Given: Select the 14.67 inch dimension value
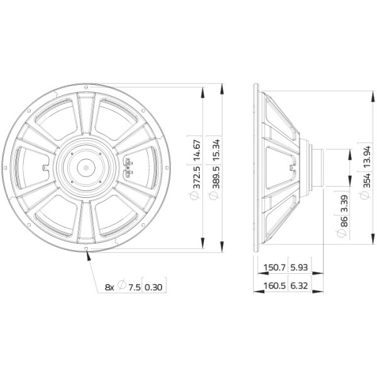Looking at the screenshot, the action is (x=196, y=151).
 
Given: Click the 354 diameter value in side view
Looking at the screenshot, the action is (x=367, y=180).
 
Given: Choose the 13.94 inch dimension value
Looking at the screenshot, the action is (x=367, y=156).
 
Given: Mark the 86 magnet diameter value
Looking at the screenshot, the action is (x=344, y=221).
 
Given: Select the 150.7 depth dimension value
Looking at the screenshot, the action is (x=275, y=268).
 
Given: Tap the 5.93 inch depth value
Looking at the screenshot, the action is (x=299, y=268).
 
